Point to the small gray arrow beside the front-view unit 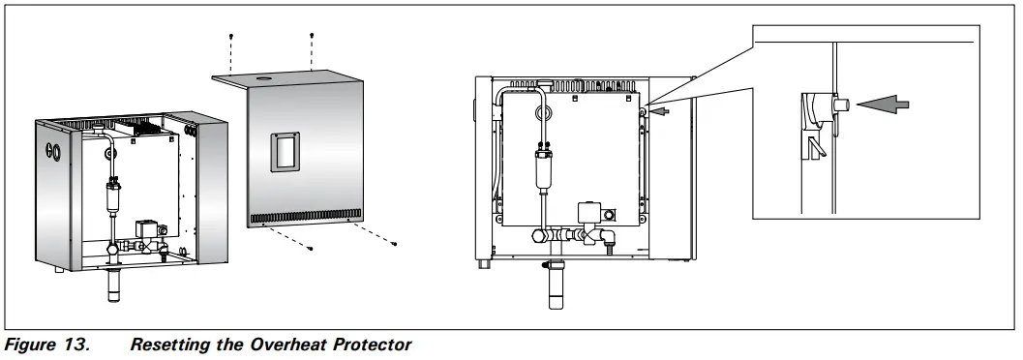(661, 111)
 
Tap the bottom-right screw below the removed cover (394, 242)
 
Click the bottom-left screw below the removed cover (310, 248)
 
